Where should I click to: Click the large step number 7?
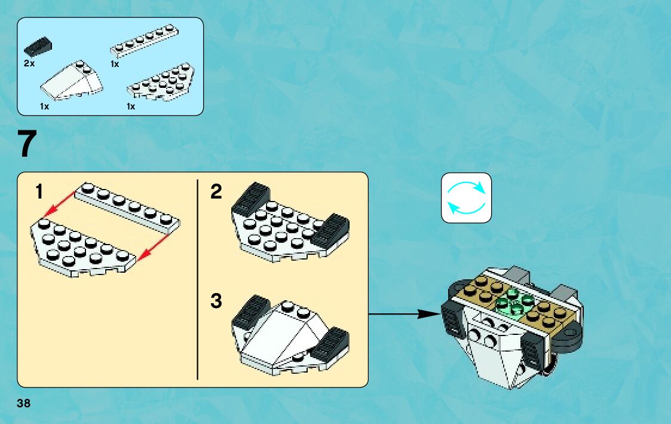coord(27,144)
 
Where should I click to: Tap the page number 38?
coord(24,403)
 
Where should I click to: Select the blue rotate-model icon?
coord(466,198)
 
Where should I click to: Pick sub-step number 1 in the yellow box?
coord(39,192)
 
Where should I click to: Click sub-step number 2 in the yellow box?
coord(216,192)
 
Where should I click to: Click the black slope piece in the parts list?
coord(38,44)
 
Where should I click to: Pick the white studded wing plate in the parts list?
coord(163,82)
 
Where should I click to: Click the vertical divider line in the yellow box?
coord(197,279)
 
